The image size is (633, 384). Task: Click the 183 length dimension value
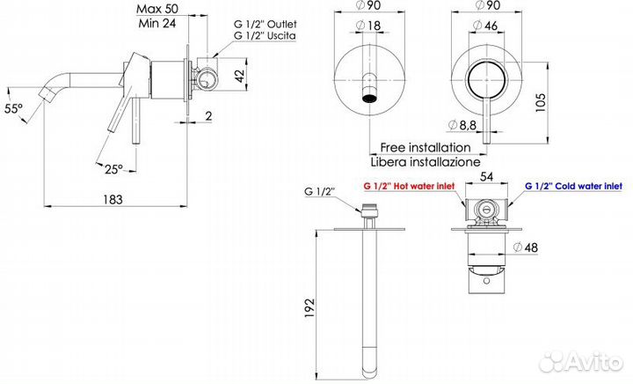(113, 199)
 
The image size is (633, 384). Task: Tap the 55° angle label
(13, 108)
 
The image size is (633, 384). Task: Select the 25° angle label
(113, 169)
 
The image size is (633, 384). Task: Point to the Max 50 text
(157, 9)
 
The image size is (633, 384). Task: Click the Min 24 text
(157, 23)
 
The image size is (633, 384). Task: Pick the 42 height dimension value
(240, 76)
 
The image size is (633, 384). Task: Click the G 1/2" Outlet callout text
(266, 25)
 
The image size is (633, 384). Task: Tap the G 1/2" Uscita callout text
(265, 35)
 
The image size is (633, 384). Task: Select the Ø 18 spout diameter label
(368, 26)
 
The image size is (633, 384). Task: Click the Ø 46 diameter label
(484, 26)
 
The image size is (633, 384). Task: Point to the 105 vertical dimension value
(540, 103)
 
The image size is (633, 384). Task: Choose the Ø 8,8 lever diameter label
(462, 125)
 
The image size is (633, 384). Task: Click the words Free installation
(426, 148)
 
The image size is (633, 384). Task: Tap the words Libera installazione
(426, 162)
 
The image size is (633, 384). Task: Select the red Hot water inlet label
(409, 187)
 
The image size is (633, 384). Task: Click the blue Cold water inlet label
(573, 187)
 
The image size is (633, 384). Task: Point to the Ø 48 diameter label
(525, 247)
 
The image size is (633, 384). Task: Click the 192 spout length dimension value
(309, 307)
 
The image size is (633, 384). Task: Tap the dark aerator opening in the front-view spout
(370, 99)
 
